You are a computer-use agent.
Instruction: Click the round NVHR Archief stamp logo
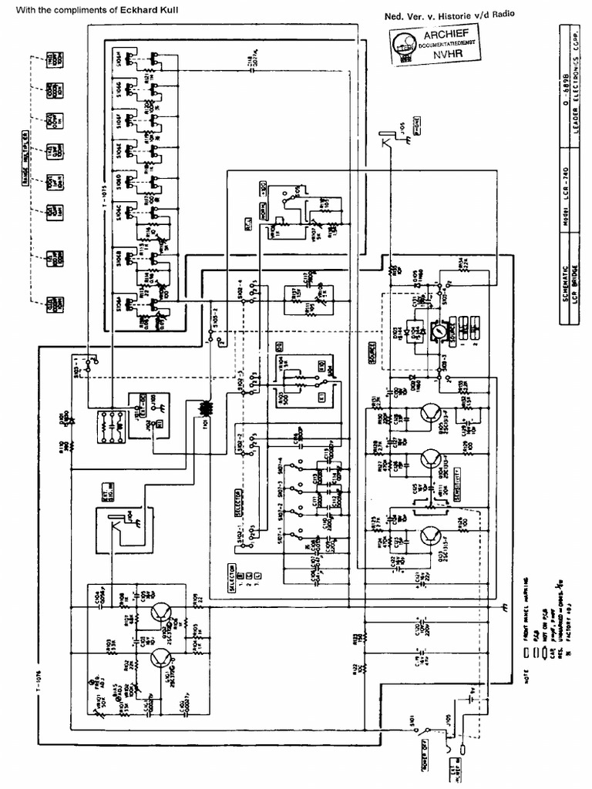point(402,47)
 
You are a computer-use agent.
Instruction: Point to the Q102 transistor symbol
point(162,612)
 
